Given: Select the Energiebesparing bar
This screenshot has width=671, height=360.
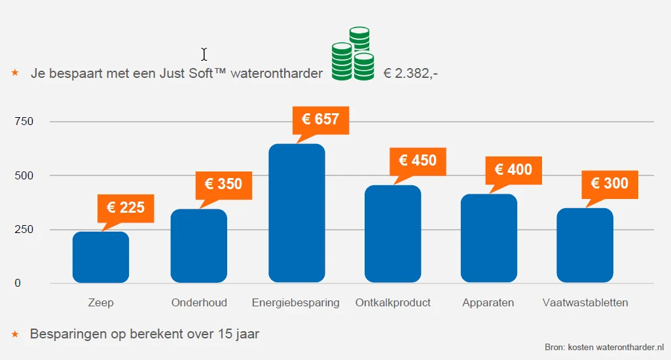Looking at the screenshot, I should [x=297, y=213].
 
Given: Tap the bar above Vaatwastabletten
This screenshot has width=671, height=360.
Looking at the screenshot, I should [x=585, y=245].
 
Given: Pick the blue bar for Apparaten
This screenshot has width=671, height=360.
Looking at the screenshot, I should [x=489, y=238].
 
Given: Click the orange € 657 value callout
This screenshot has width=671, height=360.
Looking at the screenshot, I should [x=320, y=119].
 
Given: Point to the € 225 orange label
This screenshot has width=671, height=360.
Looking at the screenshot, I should [x=126, y=208].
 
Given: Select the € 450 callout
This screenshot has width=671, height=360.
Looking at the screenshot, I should [x=418, y=160].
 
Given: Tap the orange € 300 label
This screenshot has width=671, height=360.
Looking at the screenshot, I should [x=609, y=183].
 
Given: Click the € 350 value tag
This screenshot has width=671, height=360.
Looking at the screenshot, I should [x=223, y=184].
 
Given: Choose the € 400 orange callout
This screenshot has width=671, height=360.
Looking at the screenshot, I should [x=513, y=170].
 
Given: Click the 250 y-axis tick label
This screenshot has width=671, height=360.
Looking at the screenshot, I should [x=23, y=230].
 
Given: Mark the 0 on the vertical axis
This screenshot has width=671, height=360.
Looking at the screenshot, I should [x=18, y=283].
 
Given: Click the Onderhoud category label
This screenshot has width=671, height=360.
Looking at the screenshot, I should [x=199, y=302].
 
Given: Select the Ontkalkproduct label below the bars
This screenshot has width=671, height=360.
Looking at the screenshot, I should [x=393, y=302].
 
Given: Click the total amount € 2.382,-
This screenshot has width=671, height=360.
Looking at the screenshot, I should [x=410, y=73].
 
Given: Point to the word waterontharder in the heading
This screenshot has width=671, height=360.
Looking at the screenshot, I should [x=277, y=73].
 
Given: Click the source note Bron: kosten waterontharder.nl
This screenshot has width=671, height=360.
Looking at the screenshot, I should [x=604, y=347].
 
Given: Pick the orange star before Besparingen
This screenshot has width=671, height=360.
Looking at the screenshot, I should [x=15, y=334].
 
